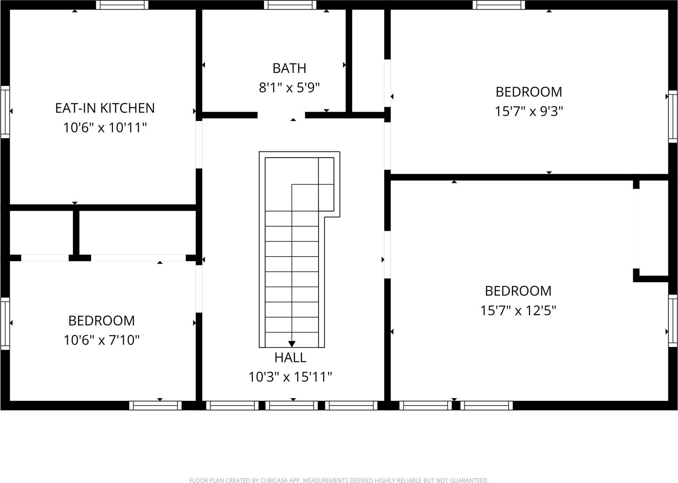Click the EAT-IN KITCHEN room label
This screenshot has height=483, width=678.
105,108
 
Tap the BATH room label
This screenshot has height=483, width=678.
289,68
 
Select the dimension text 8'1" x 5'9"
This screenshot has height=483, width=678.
289,88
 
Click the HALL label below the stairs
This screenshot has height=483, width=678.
290,358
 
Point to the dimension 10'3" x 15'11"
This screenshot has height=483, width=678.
290,377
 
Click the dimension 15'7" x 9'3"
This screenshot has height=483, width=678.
528,111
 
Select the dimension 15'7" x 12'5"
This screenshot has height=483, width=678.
518,310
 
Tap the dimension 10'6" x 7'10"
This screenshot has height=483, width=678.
102,340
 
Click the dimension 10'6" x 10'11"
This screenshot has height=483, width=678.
105,127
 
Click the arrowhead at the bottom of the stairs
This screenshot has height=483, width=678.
292,344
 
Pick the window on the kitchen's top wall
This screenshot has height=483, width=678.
122,5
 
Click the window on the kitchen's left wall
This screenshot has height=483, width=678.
5,112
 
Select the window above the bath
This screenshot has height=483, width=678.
290,5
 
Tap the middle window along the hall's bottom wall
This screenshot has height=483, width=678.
291,406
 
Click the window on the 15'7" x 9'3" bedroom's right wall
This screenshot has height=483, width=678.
673,116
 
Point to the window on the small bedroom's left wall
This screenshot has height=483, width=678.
5,323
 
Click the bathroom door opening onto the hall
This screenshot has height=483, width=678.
281,115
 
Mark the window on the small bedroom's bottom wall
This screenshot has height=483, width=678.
155,406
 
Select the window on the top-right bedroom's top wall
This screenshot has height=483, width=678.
499,5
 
